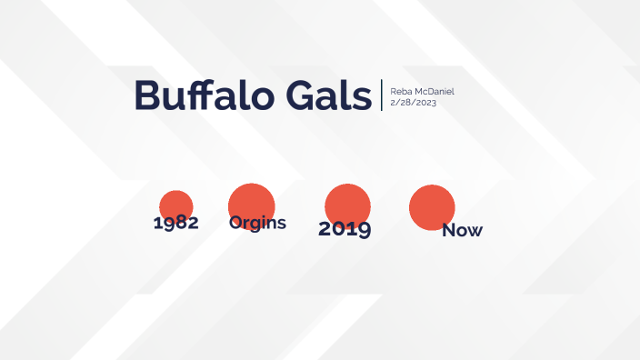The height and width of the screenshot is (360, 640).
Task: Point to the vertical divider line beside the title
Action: tap(382, 95)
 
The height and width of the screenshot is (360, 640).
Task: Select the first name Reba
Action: tap(400, 92)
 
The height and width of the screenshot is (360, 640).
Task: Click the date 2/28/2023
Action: tap(414, 102)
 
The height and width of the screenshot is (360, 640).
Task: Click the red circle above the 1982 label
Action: tap(175, 205)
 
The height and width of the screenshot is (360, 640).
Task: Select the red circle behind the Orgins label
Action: tap(252, 202)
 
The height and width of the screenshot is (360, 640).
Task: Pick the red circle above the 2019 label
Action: tap(347, 203)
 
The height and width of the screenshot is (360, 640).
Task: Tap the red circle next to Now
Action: tap(432, 206)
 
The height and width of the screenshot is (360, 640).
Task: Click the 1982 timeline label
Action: tap(176, 224)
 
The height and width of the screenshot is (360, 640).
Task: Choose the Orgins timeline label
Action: tap(257, 223)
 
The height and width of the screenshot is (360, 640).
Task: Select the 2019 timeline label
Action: tap(345, 229)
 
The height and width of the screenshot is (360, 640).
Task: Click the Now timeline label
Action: tap(462, 231)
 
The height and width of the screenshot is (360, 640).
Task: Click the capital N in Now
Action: tap(449, 231)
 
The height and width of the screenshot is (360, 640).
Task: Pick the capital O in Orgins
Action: tap(235, 223)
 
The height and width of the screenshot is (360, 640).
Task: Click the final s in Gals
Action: tap(364, 99)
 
